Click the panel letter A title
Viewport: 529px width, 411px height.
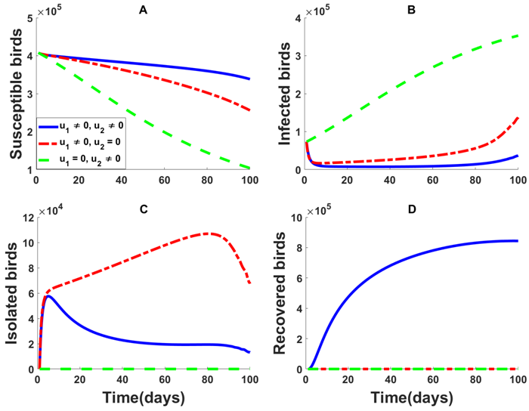pos(141,9)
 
